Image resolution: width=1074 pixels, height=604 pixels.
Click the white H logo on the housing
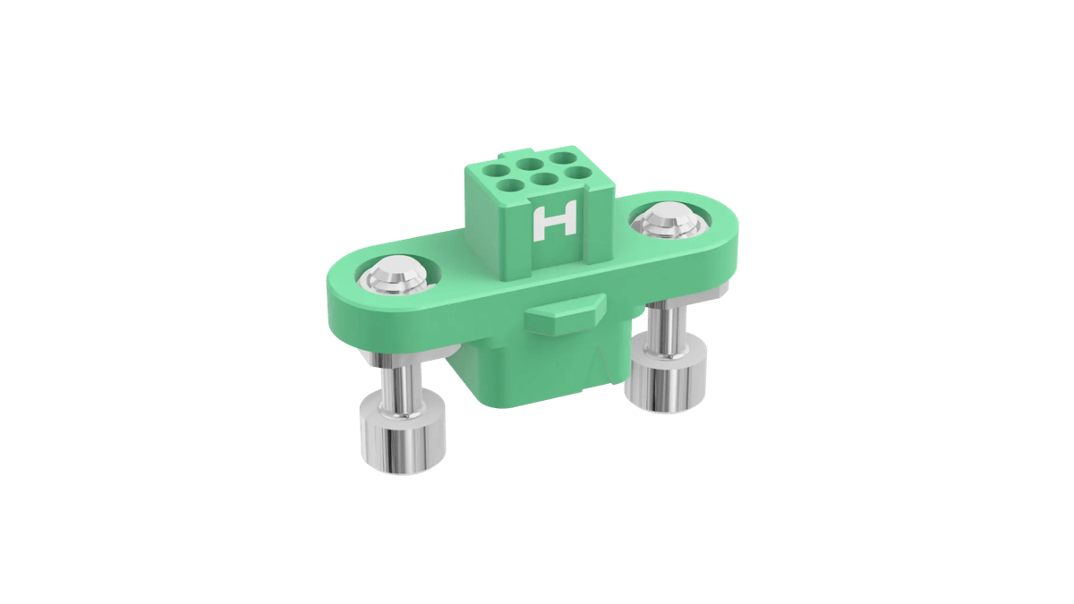[x=554, y=222]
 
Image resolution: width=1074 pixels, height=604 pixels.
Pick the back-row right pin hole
[x=562, y=158]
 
